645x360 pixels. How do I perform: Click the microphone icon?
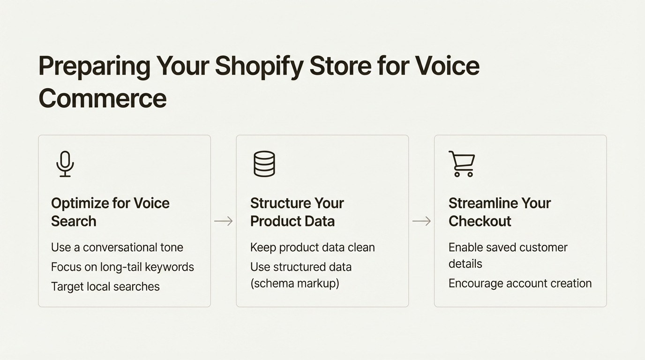(65, 164)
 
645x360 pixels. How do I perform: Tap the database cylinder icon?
(264, 164)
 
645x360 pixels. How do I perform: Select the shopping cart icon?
(462, 164)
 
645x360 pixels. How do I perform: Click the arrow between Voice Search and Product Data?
(224, 221)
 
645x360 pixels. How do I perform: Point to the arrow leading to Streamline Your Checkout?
(421, 221)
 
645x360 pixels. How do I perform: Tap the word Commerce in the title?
(103, 98)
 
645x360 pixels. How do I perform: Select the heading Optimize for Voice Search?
(110, 212)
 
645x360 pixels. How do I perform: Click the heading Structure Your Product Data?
(297, 212)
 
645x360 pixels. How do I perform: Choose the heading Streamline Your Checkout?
(499, 212)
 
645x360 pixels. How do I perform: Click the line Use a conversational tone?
(117, 247)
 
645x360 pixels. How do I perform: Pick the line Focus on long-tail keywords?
(122, 267)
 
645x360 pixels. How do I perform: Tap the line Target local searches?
(105, 287)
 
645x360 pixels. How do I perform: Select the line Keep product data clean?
(312, 247)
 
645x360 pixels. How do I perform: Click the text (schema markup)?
(294, 284)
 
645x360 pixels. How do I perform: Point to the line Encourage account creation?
(520, 284)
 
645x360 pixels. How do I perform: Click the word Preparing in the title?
(94, 66)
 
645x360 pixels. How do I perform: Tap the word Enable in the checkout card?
(464, 247)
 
